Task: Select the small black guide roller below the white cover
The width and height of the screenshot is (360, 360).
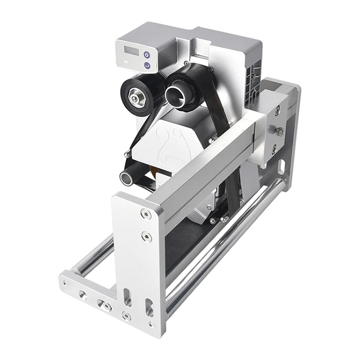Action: (129, 176)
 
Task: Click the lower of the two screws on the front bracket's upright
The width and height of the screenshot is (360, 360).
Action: (144, 236)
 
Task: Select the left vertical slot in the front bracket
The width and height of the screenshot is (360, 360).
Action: (128, 297)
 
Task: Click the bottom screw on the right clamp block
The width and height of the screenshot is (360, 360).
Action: (274, 150)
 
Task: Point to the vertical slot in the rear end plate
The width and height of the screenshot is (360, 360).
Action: (282, 166)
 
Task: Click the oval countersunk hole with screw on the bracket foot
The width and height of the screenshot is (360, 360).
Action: (103, 304)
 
